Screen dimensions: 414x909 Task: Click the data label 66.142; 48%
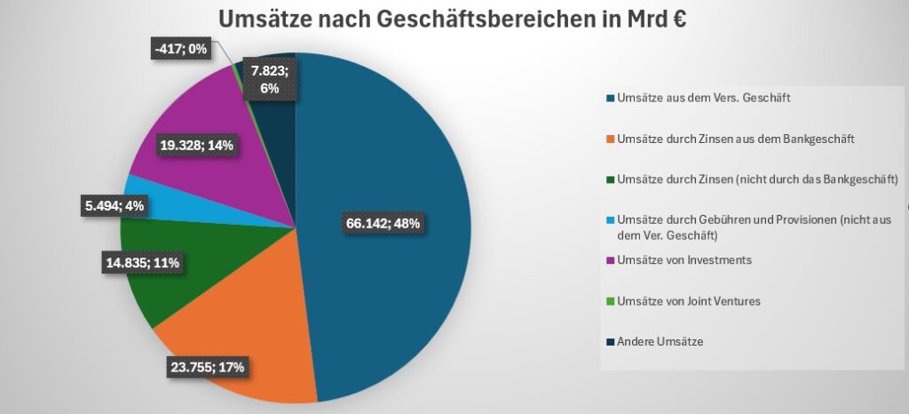[383, 222]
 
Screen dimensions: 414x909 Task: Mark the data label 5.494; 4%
[115, 206]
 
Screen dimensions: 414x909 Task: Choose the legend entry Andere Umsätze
[660, 341]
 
